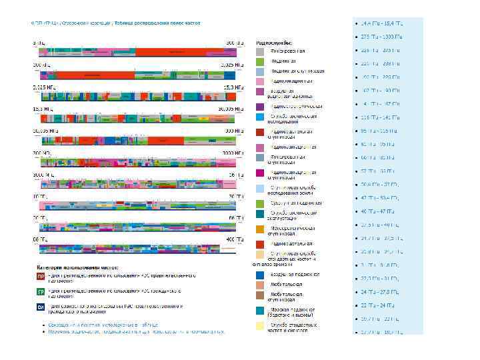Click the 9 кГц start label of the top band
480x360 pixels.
[x=39, y=43]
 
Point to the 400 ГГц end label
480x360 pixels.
[x=231, y=238]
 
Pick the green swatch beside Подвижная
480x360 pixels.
[x=261, y=61]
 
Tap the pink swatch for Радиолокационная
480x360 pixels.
[x=261, y=81]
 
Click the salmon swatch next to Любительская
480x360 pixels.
[x=261, y=284]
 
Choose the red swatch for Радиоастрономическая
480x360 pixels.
[x=261, y=243]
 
